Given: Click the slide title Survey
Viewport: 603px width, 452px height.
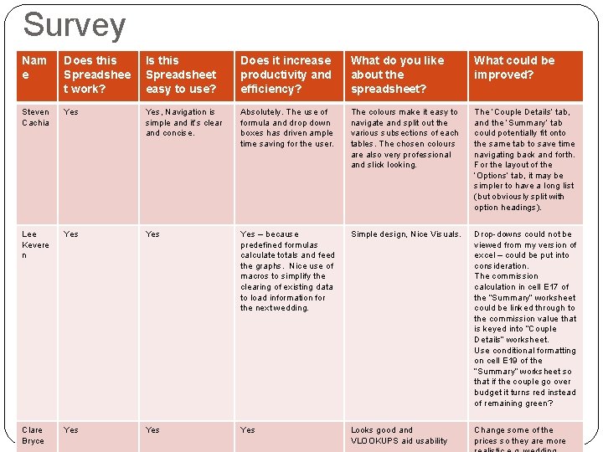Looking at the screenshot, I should pyautogui.click(x=74, y=25).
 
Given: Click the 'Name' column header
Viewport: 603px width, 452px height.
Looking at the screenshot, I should pyautogui.click(x=34, y=67).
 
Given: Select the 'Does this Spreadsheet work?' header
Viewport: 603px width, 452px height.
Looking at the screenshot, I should pyautogui.click(x=97, y=74).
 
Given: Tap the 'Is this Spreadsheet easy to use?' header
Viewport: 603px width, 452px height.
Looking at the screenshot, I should pyautogui.click(x=181, y=74).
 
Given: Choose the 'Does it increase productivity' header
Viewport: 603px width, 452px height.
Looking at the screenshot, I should pyautogui.click(x=286, y=74).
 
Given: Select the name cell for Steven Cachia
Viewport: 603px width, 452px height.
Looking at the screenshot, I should pyautogui.click(x=35, y=117).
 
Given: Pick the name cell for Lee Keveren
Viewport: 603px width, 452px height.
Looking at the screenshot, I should pyautogui.click(x=35, y=244).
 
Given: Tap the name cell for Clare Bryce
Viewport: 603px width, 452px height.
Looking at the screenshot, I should pyautogui.click(x=33, y=435).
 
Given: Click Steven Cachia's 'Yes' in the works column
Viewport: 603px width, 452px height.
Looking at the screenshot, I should pyautogui.click(x=71, y=112).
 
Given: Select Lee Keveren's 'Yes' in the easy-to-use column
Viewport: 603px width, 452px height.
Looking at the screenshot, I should pyautogui.click(x=152, y=234).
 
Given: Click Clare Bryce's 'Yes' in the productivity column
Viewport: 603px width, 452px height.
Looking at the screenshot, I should pyautogui.click(x=248, y=430).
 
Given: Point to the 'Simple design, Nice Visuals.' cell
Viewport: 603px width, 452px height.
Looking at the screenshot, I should pyautogui.click(x=405, y=234).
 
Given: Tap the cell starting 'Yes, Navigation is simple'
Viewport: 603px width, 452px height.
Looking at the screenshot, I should pyautogui.click(x=184, y=122).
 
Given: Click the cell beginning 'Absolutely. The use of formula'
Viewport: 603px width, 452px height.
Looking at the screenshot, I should pyautogui.click(x=286, y=127).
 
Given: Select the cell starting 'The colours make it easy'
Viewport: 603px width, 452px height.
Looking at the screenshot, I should pyautogui.click(x=405, y=138).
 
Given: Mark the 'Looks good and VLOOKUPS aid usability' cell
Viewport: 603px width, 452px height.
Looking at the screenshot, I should pyautogui.click(x=399, y=435).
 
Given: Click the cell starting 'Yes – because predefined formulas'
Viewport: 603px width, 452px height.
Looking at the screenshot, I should pyautogui.click(x=286, y=270).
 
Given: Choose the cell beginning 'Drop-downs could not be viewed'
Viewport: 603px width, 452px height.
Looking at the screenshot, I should pyautogui.click(x=525, y=318).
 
